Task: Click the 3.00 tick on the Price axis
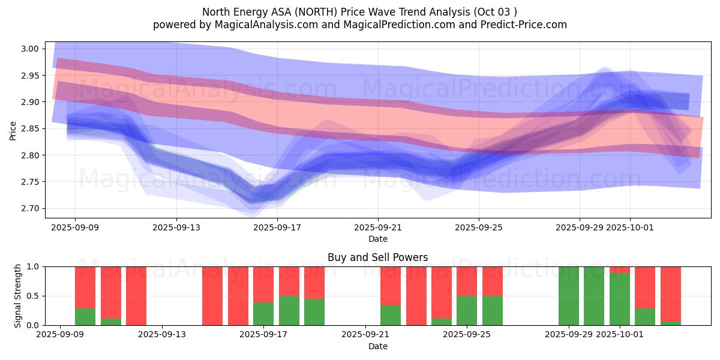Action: click(29, 49)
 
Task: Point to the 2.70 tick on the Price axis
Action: click(29, 209)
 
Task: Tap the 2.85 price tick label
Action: click(29, 129)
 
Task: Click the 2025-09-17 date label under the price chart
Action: click(277, 228)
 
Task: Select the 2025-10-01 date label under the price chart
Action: click(630, 228)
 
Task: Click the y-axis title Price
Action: click(13, 130)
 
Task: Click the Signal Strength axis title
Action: click(18, 296)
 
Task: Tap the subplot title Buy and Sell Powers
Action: click(377, 257)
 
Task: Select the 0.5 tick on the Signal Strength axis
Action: click(34, 296)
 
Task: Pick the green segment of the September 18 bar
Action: click(289, 311)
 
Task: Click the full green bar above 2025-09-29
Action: click(569, 296)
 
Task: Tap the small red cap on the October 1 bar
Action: click(620, 269)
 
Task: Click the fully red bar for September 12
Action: click(136, 296)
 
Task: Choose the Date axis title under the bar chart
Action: click(377, 346)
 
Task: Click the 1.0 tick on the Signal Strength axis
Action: click(34, 267)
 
